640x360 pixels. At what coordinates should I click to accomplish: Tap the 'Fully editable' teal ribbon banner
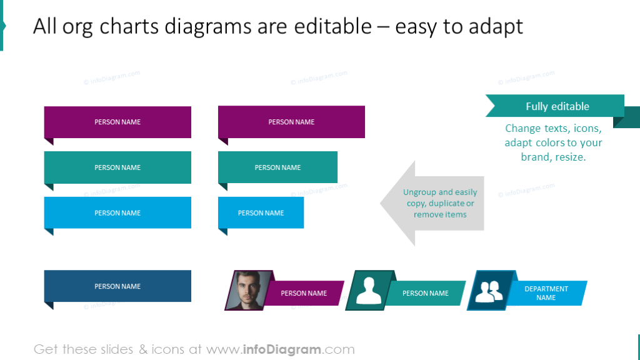[x=556, y=106]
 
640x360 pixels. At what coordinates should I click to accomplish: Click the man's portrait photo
[x=248, y=290]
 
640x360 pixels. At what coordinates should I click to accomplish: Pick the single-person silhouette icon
[x=369, y=290]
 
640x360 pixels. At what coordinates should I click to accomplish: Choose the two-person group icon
[x=489, y=290]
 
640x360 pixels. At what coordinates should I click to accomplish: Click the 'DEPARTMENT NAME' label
[x=546, y=293]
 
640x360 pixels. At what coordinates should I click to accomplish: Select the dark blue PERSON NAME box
[x=117, y=286]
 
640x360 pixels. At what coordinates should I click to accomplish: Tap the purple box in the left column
[x=117, y=122]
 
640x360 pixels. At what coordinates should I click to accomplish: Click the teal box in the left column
[x=117, y=167]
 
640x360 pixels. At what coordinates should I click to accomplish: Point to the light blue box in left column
[x=117, y=212]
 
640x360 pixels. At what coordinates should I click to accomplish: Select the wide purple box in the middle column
[x=291, y=122]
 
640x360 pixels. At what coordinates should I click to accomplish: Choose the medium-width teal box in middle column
[x=277, y=167]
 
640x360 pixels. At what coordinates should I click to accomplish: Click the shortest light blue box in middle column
[x=261, y=212]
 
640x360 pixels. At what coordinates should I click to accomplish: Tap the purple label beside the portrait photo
[x=304, y=293]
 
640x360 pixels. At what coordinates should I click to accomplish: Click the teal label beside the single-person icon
[x=426, y=293]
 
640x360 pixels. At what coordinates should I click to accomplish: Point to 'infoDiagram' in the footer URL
[x=281, y=349]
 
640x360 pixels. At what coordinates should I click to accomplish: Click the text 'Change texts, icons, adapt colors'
[x=553, y=136]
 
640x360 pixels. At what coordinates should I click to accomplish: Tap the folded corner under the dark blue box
[x=48, y=306]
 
